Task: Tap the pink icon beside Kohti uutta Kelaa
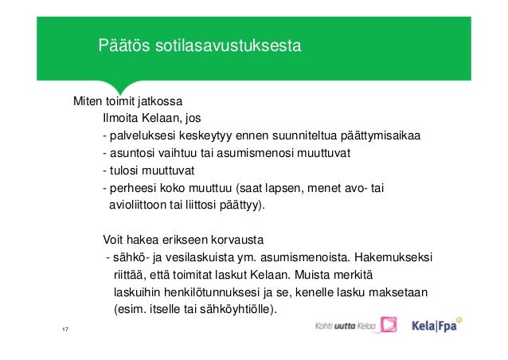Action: pyautogui.click(x=388, y=325)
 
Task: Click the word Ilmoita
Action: pyautogui.click(x=123, y=119)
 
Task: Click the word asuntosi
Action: pyautogui.click(x=130, y=153)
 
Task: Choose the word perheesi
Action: pyautogui.click(x=132, y=188)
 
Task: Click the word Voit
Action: pyautogui.click(x=115, y=240)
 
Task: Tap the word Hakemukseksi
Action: pyautogui.click(x=393, y=257)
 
